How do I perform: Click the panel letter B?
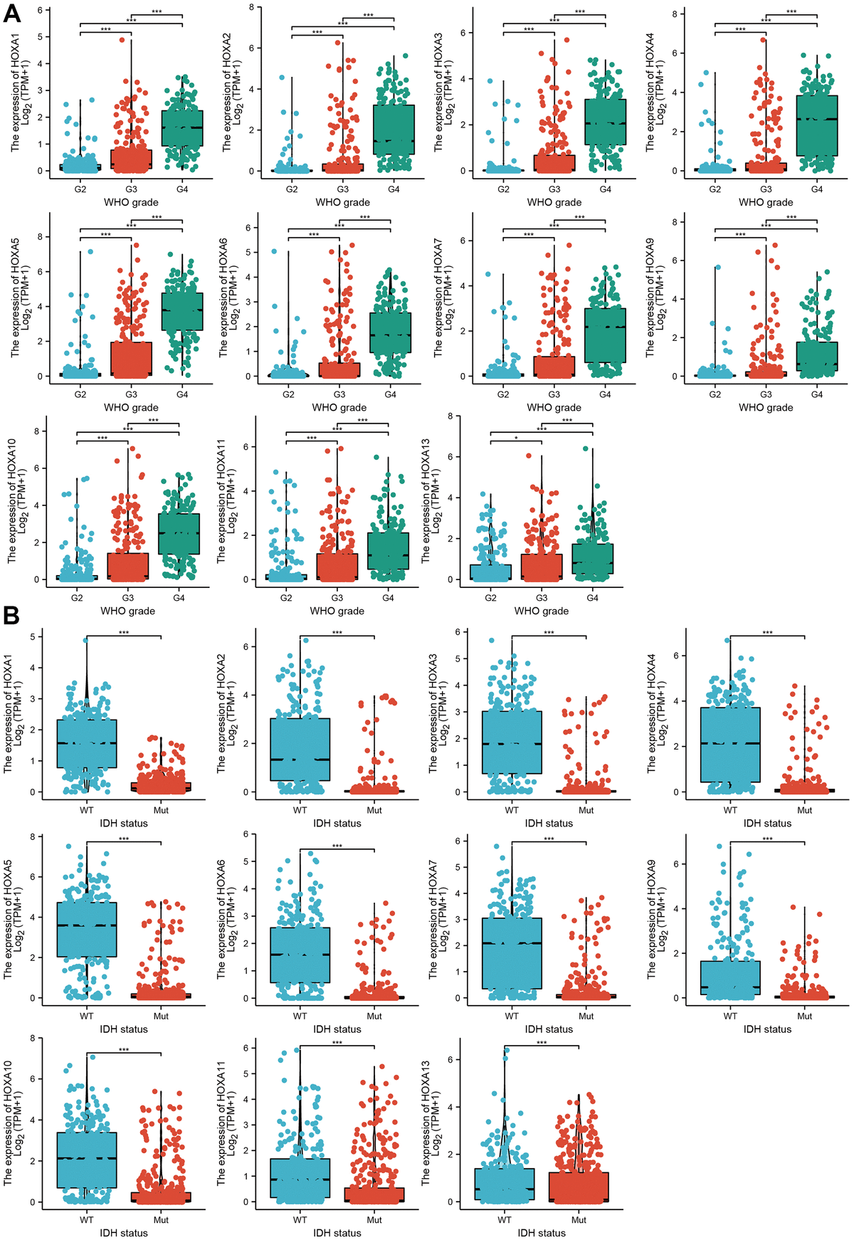click(11, 616)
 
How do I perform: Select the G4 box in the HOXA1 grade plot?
click(182, 128)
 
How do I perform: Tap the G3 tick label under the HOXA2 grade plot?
click(343, 189)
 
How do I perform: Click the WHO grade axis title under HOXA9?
click(766, 407)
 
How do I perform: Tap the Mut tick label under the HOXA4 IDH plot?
click(804, 810)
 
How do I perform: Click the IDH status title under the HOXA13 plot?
click(542, 1233)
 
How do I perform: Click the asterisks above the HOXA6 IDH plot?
click(337, 846)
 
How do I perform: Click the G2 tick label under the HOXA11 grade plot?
click(286, 598)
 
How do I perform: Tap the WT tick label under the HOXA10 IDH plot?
click(87, 1220)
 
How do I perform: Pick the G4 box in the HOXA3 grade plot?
click(606, 122)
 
